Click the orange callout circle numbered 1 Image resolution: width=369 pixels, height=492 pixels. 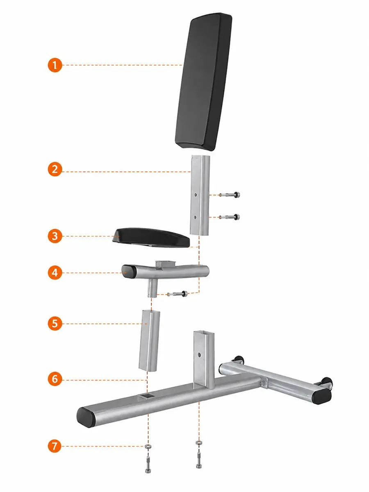(55, 65)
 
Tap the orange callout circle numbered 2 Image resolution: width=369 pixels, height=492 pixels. (55, 169)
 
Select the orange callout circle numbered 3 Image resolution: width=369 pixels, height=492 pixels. (55, 236)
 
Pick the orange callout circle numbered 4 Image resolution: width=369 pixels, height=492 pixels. (55, 273)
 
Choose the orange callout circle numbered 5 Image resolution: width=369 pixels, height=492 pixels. (55, 323)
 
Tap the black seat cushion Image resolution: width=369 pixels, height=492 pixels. (151, 237)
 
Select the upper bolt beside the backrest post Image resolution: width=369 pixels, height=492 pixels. (229, 195)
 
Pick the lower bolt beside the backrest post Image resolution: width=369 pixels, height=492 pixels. (229, 217)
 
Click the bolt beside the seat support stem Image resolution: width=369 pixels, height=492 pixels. (178, 294)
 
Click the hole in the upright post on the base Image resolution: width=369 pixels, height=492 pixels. (199, 355)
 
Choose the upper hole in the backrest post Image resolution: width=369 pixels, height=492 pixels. (196, 195)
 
